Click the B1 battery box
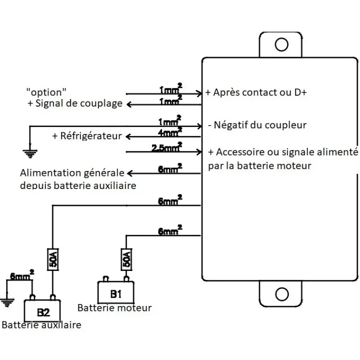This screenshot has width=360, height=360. [x=116, y=292]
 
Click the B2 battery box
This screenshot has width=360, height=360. [x=42, y=310]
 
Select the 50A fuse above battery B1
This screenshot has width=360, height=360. [x=126, y=260]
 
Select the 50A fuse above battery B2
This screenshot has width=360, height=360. [x=53, y=260]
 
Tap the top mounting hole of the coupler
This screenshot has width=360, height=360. [x=282, y=45]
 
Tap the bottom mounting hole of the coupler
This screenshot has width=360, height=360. [x=282, y=294]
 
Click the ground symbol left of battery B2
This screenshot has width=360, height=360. [x=7, y=302]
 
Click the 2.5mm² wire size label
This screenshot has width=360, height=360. [x=167, y=147]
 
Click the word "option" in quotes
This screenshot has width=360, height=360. [x=46, y=92]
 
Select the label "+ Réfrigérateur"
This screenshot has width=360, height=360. [x=87, y=136]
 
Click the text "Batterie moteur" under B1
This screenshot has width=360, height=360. [x=115, y=308]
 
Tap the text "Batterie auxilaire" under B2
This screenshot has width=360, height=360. [x=41, y=325]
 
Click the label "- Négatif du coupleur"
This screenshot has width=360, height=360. [x=257, y=125]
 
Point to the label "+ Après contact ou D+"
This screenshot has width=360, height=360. [x=256, y=92]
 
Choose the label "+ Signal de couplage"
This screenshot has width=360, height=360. [x=75, y=103]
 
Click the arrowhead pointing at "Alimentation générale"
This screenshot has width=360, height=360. [x=130, y=173]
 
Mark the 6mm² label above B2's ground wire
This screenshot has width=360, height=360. [x=22, y=275]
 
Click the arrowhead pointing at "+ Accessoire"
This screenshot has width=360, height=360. [x=199, y=152]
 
